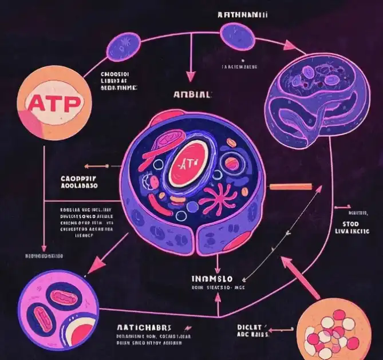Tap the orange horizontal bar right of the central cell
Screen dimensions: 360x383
(290, 186)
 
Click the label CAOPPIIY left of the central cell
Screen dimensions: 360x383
(78, 178)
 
